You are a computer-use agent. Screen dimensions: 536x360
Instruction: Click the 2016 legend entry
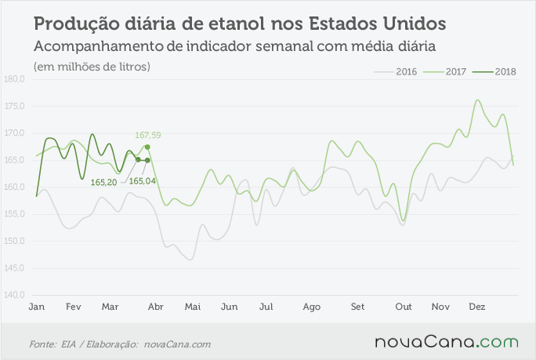pyautogui.click(x=396, y=72)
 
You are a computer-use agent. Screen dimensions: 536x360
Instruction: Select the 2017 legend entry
pyautogui.click(x=445, y=72)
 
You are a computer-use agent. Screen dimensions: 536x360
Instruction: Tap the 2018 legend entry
pyautogui.click(x=494, y=72)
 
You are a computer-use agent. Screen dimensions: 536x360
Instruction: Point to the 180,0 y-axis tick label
pyautogui.click(x=14, y=79)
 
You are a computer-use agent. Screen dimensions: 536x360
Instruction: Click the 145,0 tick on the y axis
pyautogui.click(x=14, y=268)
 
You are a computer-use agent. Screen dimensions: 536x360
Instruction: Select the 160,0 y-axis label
pyautogui.click(x=14, y=187)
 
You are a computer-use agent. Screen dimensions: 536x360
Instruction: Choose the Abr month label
pyautogui.click(x=155, y=307)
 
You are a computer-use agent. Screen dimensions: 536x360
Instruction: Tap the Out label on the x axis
pyautogui.click(x=404, y=307)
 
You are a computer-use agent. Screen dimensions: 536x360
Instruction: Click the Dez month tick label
pyautogui.click(x=477, y=307)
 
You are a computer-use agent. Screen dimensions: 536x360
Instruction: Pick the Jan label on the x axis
pyautogui.click(x=37, y=307)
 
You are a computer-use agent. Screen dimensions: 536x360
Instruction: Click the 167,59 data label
pyautogui.click(x=147, y=135)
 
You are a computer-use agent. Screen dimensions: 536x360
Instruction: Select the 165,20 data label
pyautogui.click(x=103, y=183)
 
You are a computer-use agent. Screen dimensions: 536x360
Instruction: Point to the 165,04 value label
pyautogui.click(x=142, y=181)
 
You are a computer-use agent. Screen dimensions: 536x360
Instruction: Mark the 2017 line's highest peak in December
pyautogui.click(x=477, y=100)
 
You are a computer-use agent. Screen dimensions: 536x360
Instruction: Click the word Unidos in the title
pyautogui.click(x=415, y=24)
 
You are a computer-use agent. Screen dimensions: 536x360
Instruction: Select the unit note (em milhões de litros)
pyautogui.click(x=92, y=67)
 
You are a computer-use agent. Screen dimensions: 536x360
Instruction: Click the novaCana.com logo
pyautogui.click(x=447, y=342)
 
